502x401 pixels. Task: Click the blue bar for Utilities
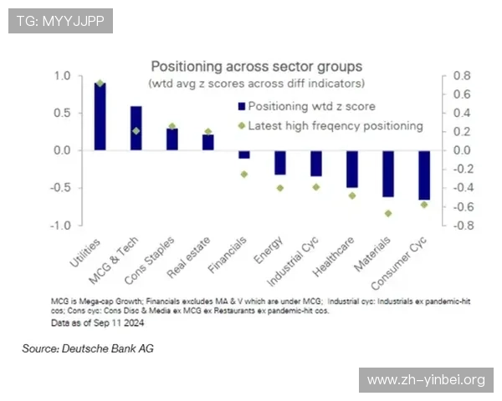[x=100, y=116]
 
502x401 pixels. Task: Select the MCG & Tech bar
[x=136, y=128]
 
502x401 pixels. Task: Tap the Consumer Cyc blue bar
[x=424, y=175]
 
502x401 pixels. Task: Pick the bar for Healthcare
[x=352, y=169]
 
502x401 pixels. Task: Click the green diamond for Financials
[x=244, y=175]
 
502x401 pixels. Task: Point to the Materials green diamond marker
[x=388, y=213]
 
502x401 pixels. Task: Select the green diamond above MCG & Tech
[x=136, y=131]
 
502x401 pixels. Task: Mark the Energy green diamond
[x=280, y=188]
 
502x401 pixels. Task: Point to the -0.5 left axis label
[x=60, y=188]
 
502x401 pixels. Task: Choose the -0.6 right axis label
[x=464, y=207]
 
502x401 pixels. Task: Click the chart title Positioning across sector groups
[x=257, y=67]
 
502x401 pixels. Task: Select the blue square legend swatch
[x=242, y=106]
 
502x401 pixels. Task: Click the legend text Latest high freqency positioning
[x=336, y=126]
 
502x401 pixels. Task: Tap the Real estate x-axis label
[x=188, y=257]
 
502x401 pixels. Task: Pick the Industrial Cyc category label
[x=292, y=261]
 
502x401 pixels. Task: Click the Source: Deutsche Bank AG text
[x=88, y=348]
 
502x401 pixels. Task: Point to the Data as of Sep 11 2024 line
[x=97, y=323]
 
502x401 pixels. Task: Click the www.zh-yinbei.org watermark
[x=426, y=380]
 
